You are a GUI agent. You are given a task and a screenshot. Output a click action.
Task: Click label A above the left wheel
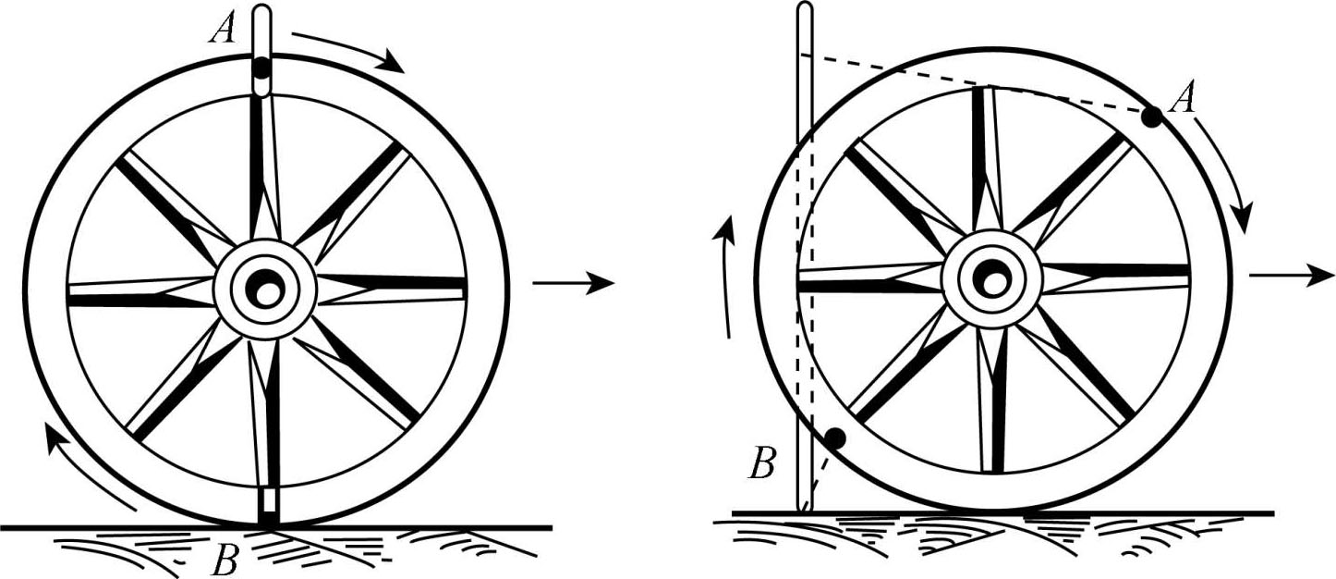(223, 30)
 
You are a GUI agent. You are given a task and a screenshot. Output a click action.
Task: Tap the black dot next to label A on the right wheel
(1151, 117)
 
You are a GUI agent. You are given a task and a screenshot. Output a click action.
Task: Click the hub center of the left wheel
(266, 290)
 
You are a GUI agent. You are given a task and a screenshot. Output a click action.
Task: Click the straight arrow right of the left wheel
(573, 283)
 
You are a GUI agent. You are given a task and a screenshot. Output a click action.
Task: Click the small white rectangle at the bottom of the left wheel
(266, 500)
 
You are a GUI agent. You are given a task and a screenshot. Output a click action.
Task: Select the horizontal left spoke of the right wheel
(868, 277)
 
